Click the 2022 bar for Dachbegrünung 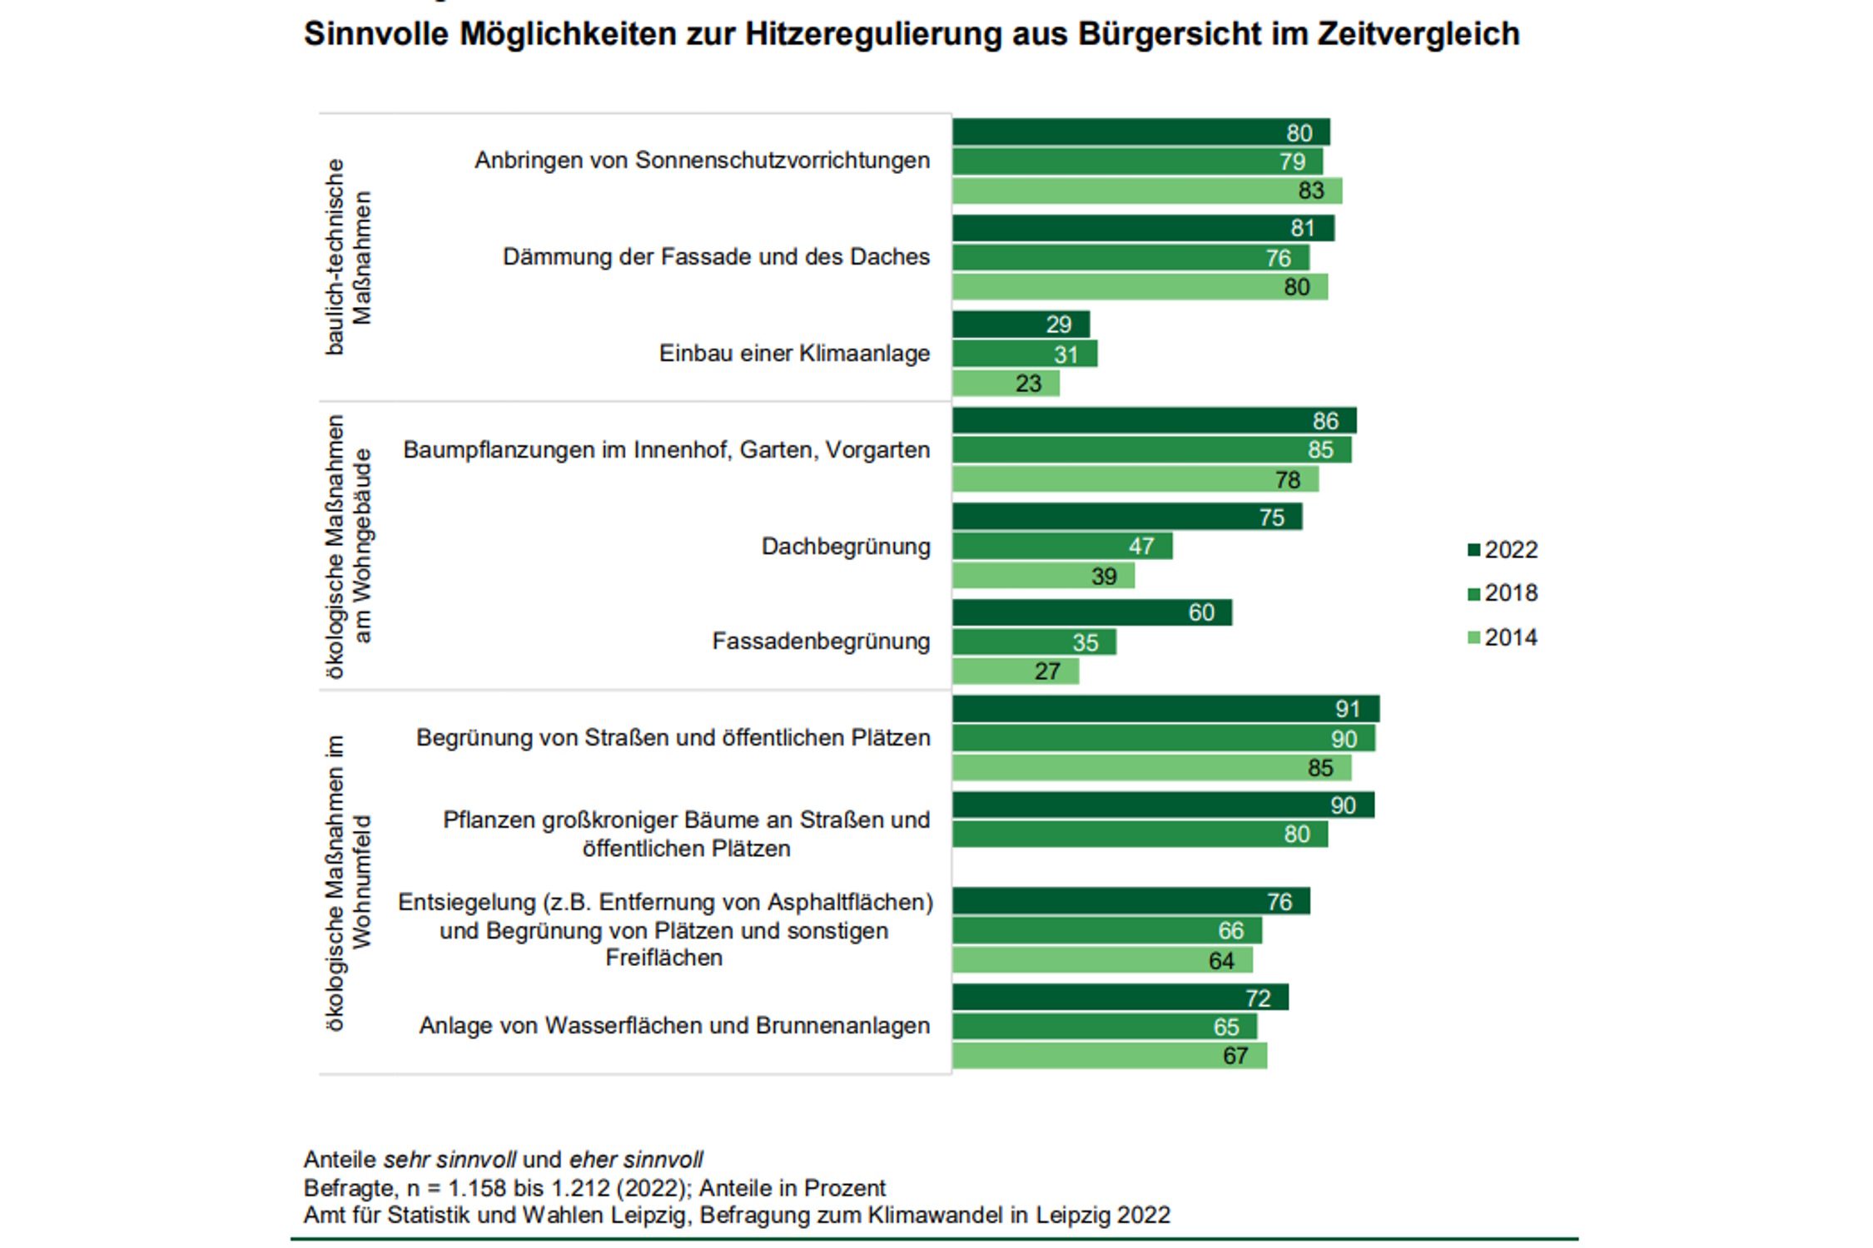(1126, 517)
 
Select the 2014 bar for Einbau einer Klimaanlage (1005, 383)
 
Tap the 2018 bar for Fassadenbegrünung (1033, 641)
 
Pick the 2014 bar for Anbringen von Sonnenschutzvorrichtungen (1146, 191)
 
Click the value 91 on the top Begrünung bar (1347, 709)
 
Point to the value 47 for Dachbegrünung (1140, 546)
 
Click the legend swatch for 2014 (1473, 637)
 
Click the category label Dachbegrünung (845, 547)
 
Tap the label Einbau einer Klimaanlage (794, 354)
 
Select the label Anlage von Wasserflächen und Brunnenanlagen (673, 1026)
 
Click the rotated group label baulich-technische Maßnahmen (348, 257)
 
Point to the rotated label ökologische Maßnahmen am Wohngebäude (348, 547)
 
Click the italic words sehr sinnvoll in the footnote (450, 1160)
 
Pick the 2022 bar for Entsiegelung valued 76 (1130, 901)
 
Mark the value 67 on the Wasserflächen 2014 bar (1235, 1056)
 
